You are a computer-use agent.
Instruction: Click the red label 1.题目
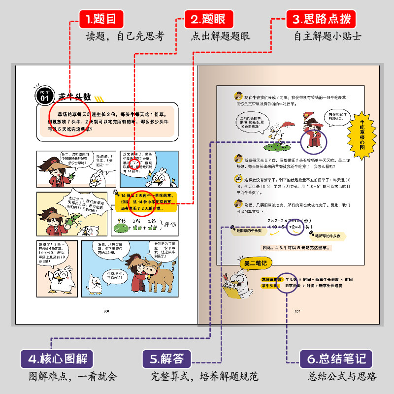click(x=100, y=20)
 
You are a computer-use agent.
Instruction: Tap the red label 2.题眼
click(x=207, y=20)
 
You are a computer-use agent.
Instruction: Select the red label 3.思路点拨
click(x=321, y=20)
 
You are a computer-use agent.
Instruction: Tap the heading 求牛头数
click(x=75, y=96)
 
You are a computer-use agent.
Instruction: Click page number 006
click(x=105, y=311)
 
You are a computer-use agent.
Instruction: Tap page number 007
click(x=297, y=311)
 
